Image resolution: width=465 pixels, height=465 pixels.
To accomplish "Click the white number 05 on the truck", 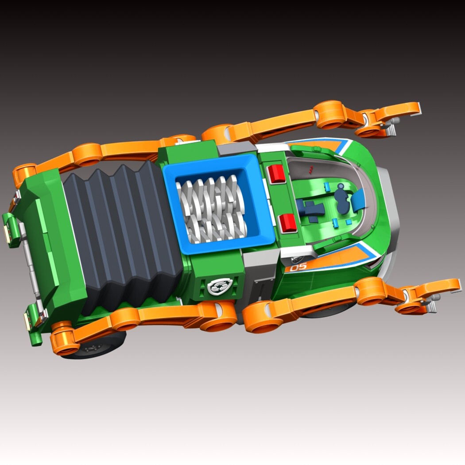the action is pyautogui.click(x=298, y=267).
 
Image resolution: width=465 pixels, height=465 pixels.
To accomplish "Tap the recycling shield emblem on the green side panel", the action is pyautogui.click(x=220, y=286).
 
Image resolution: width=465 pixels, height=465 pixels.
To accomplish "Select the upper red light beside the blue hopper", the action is pyautogui.click(x=276, y=174).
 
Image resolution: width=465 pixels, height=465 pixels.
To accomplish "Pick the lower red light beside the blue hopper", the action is pyautogui.click(x=288, y=223).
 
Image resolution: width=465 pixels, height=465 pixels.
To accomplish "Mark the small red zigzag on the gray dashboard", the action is pyautogui.click(x=311, y=170).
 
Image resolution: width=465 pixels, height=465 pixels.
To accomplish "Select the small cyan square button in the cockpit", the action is pyautogui.click(x=349, y=222).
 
